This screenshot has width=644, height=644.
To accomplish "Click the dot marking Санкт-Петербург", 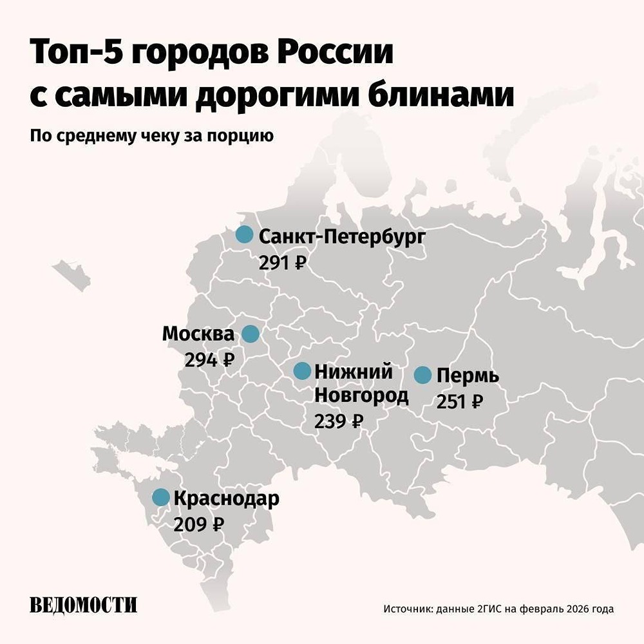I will click(x=244, y=235).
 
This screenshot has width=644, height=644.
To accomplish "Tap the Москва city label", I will click(x=198, y=334).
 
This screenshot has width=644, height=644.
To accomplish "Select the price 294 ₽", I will click(x=209, y=360).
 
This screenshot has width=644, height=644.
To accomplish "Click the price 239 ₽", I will click(x=339, y=421).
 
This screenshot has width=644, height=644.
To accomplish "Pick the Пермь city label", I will click(x=468, y=375).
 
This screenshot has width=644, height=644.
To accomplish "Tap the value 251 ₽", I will click(x=460, y=402).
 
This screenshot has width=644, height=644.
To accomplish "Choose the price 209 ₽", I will click(x=198, y=524).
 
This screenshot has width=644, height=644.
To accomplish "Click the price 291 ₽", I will click(x=282, y=263).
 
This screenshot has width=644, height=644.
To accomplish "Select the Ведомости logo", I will click(x=84, y=605).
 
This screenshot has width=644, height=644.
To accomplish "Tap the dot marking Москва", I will click(x=250, y=334).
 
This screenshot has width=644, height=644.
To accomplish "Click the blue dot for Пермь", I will click(x=422, y=375).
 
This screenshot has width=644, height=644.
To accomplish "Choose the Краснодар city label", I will click(x=227, y=498).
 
